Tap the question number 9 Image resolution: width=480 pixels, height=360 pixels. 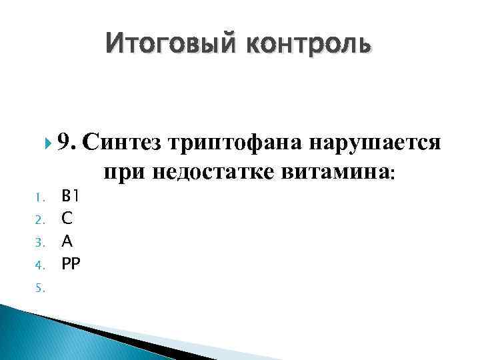click(x=67, y=142)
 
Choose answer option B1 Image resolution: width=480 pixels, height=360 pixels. click(x=70, y=196)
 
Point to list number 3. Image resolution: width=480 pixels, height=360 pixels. click(x=39, y=242)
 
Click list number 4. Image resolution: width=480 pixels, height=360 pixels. click(x=39, y=265)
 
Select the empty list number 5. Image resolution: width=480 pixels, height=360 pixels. click(x=39, y=287)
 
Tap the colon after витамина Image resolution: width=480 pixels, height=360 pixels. click(x=393, y=173)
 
